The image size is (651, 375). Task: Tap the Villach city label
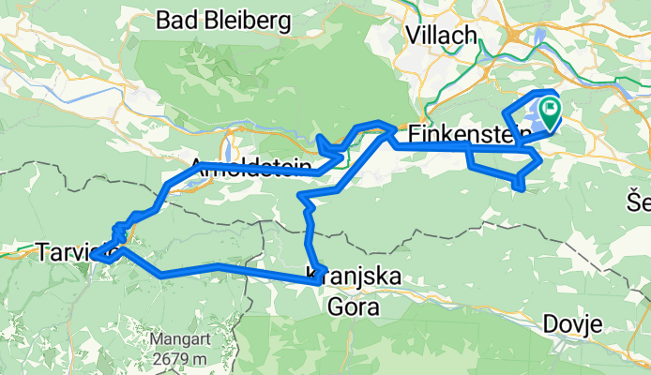442,34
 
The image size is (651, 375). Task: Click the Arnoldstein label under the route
245,167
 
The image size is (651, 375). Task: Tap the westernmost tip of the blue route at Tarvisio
95,255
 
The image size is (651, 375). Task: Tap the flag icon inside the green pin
548,111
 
